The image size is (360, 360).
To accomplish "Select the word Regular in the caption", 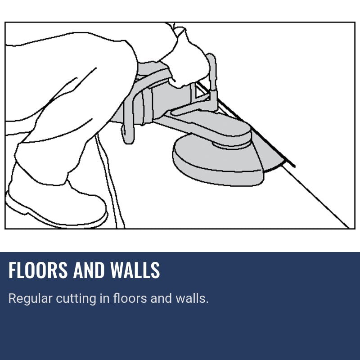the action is pyautogui.click(x=30, y=299).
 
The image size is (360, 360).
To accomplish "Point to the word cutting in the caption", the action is pyautogui.click(x=76, y=299).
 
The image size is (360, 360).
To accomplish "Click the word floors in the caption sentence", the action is pyautogui.click(x=130, y=298).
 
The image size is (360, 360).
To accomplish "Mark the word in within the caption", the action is pyautogui.click(x=104, y=298).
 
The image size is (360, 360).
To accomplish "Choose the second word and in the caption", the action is pyautogui.click(x=161, y=298).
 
